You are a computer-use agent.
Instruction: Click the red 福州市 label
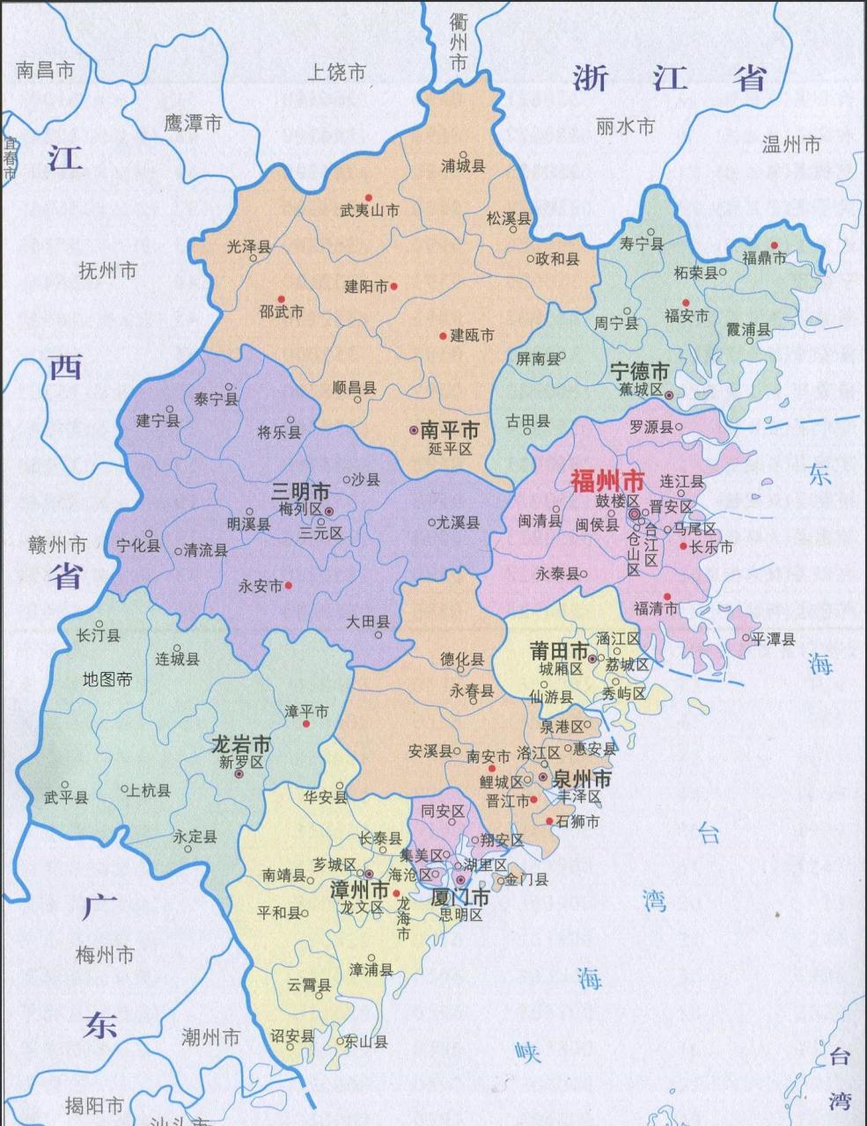click(607, 481)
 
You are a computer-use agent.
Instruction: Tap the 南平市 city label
click(450, 430)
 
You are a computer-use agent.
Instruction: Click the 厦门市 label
click(459, 898)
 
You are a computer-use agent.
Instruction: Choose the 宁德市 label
click(640, 372)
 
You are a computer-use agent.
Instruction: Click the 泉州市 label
click(581, 779)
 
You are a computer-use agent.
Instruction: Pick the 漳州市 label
click(358, 890)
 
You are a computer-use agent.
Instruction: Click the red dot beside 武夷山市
click(368, 197)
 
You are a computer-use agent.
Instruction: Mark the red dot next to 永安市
click(288, 585)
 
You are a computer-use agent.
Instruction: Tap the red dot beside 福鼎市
click(775, 245)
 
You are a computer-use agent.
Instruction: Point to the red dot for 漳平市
click(306, 724)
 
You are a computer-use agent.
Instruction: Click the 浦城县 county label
click(463, 165)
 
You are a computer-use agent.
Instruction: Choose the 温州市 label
click(790, 144)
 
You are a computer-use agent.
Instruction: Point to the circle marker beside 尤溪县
click(430, 522)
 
